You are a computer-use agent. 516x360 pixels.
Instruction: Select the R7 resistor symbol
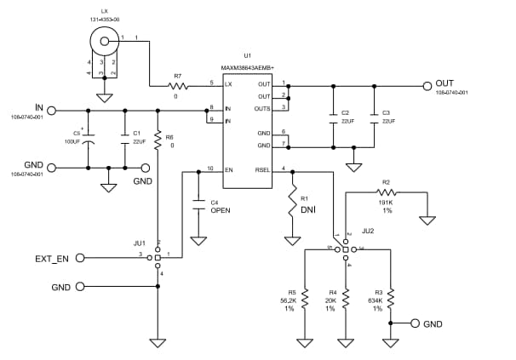178,86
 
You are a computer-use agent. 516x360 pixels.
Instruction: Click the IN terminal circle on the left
52,110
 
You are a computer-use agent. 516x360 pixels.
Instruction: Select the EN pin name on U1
229,169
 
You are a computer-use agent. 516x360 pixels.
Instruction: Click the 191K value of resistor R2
386,202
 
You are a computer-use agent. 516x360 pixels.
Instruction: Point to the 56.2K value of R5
289,300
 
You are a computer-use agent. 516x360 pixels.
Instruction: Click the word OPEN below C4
221,209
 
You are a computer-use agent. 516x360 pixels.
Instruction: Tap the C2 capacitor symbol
332,120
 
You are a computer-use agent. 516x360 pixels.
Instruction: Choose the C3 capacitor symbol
373,120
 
